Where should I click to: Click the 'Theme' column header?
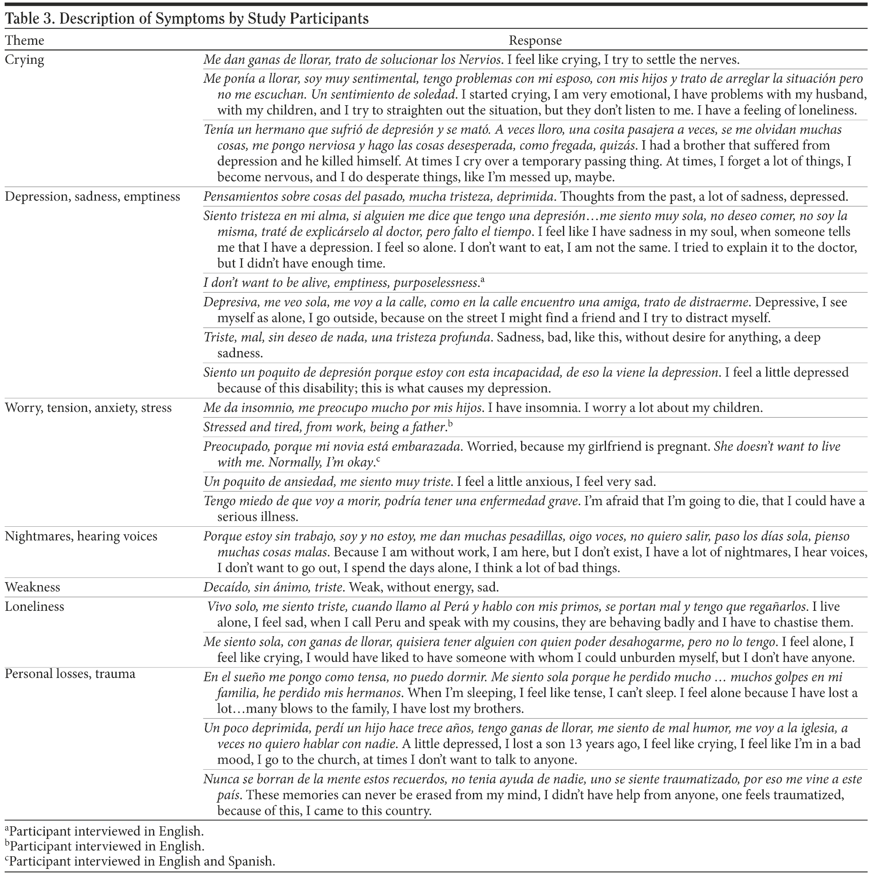click(x=25, y=41)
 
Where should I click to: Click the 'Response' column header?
click(x=535, y=41)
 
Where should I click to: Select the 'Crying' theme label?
click(x=25, y=60)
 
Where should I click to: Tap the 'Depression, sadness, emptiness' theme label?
click(x=92, y=197)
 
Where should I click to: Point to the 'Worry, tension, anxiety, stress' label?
click(x=88, y=408)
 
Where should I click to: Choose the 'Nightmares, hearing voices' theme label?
click(x=81, y=536)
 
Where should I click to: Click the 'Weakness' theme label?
click(x=33, y=587)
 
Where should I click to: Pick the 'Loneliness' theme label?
click(x=34, y=607)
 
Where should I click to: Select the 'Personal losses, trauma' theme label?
click(x=70, y=674)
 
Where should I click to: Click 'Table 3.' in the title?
click(x=30, y=19)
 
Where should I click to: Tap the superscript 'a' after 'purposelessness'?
click(x=482, y=280)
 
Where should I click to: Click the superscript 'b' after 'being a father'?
click(x=451, y=424)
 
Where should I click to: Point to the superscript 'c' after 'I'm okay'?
click(x=378, y=460)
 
